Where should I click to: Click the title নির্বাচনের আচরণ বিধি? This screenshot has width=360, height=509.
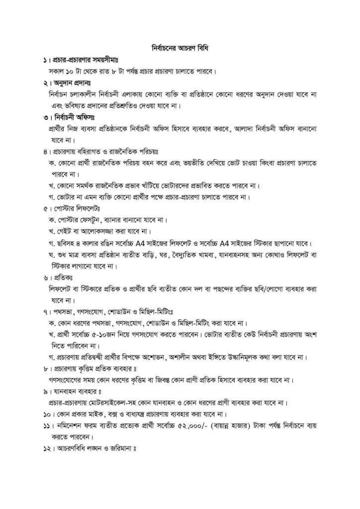tap(180, 49)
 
